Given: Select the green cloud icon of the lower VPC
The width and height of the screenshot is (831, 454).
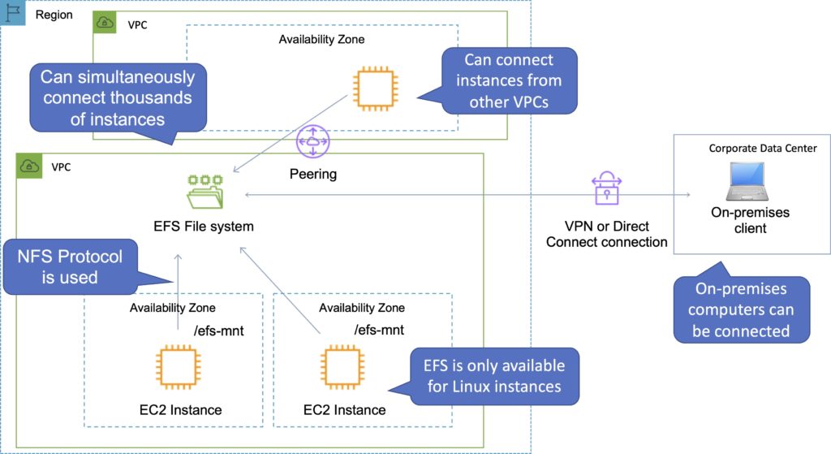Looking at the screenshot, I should (29, 166).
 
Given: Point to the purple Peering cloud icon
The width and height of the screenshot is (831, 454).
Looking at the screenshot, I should (312, 144).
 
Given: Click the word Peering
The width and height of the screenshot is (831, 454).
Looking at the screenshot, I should (312, 174).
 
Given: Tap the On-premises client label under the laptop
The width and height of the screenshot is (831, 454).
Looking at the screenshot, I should (749, 220).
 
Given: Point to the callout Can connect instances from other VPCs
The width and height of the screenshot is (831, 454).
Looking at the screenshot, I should (509, 81).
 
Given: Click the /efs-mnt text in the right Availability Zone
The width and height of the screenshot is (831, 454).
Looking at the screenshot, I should (379, 329).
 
